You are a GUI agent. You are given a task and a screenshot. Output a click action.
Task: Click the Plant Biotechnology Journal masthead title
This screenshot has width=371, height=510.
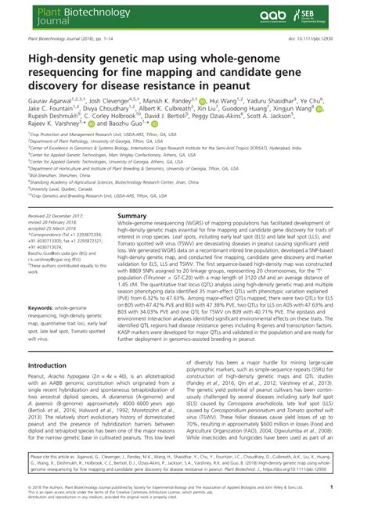(63, 15)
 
